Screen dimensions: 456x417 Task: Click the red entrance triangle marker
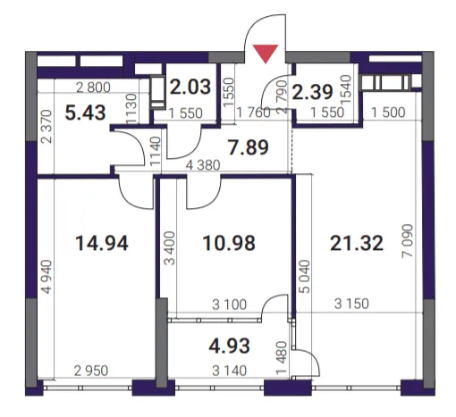(266, 54)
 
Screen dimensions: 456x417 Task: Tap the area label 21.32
(357, 243)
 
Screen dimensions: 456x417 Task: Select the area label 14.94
(102, 243)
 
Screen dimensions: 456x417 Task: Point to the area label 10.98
(229, 243)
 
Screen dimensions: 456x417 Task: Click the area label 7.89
(248, 147)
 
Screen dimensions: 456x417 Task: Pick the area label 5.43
(85, 113)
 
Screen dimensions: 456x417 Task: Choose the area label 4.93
(229, 346)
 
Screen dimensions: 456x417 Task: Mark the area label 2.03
(190, 87)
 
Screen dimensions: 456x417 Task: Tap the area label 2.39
(312, 92)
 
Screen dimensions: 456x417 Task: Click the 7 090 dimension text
(408, 241)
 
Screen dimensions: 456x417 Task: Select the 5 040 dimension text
(305, 277)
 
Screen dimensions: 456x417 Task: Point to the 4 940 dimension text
(46, 277)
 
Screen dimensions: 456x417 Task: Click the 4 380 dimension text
(203, 165)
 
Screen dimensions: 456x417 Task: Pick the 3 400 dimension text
(171, 248)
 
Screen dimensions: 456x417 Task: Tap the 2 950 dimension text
(91, 371)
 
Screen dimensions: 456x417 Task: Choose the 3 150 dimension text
(351, 304)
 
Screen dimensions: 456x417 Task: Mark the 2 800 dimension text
(93, 88)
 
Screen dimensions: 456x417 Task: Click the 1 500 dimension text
(388, 113)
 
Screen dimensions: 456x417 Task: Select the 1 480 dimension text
(282, 357)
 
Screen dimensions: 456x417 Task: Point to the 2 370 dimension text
(46, 127)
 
